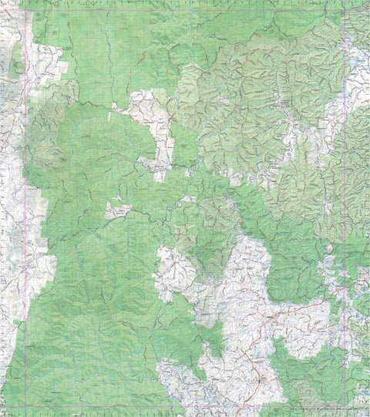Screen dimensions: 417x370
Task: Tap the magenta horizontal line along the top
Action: [x=193, y=9]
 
